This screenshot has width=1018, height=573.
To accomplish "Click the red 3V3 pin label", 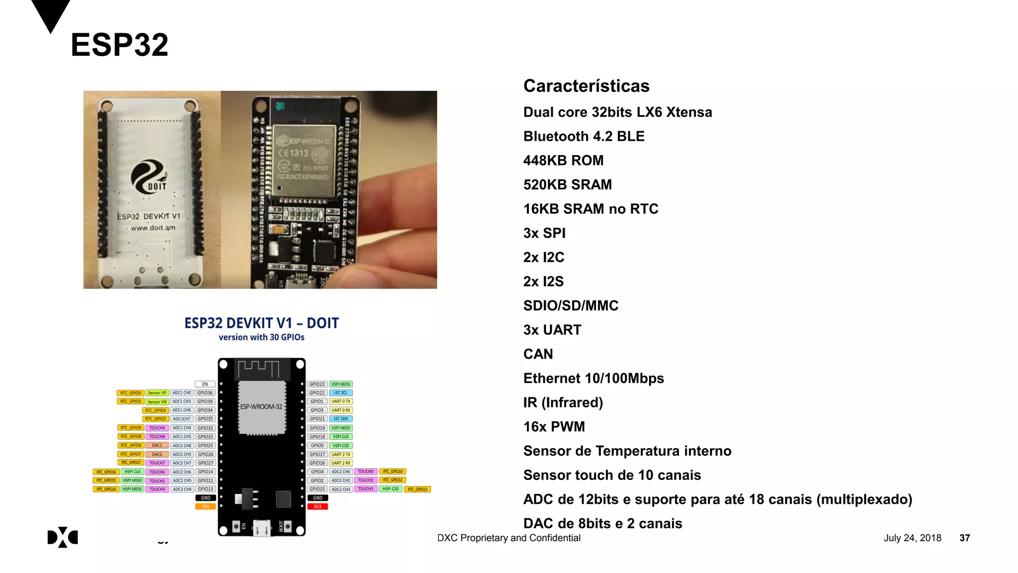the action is point(318,507).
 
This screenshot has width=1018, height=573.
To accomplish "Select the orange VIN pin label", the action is point(205,507).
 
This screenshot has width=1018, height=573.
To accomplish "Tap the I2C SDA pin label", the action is point(341,419).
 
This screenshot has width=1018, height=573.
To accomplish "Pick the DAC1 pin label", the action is point(157,446).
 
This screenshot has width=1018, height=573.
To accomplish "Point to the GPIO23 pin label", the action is point(317,384).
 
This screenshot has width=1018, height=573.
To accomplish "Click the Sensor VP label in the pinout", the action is point(157,393).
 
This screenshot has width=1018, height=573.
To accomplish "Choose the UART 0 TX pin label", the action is point(341,401).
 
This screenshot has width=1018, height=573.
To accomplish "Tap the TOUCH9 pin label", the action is point(157,428).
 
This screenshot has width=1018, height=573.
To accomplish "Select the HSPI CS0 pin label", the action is point(390,489).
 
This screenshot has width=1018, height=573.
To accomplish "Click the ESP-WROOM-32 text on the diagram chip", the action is point(261,407).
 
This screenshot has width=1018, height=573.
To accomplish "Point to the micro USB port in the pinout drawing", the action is point(262,528).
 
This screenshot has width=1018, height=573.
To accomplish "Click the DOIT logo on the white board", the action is point(149,177).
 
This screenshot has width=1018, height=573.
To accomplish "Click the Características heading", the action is point(586,86).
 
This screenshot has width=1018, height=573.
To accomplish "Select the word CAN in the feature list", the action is point(538,354).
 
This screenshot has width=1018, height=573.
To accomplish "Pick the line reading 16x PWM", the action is point(554,427).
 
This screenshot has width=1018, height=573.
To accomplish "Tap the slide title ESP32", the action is point(119,45).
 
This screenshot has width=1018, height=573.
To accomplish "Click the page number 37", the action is point(964,538).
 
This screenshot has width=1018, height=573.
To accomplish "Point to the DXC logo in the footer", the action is point(63,537).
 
